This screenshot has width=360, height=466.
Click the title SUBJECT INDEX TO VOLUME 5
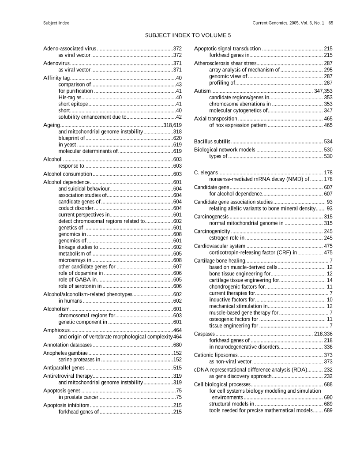[x=188, y=35]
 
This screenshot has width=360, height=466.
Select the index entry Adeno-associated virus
[x=70, y=49]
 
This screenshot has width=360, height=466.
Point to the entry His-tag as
[x=70, y=98]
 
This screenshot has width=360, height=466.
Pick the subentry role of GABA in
[x=77, y=279]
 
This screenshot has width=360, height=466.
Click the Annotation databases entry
[x=67, y=345]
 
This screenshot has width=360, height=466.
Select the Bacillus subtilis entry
[x=212, y=142]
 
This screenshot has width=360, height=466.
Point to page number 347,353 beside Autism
[x=323, y=91]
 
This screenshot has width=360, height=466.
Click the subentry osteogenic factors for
[x=233, y=319]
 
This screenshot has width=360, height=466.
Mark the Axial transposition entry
[x=216, y=119]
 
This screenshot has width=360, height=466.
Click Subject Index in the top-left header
[x=56, y=23]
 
